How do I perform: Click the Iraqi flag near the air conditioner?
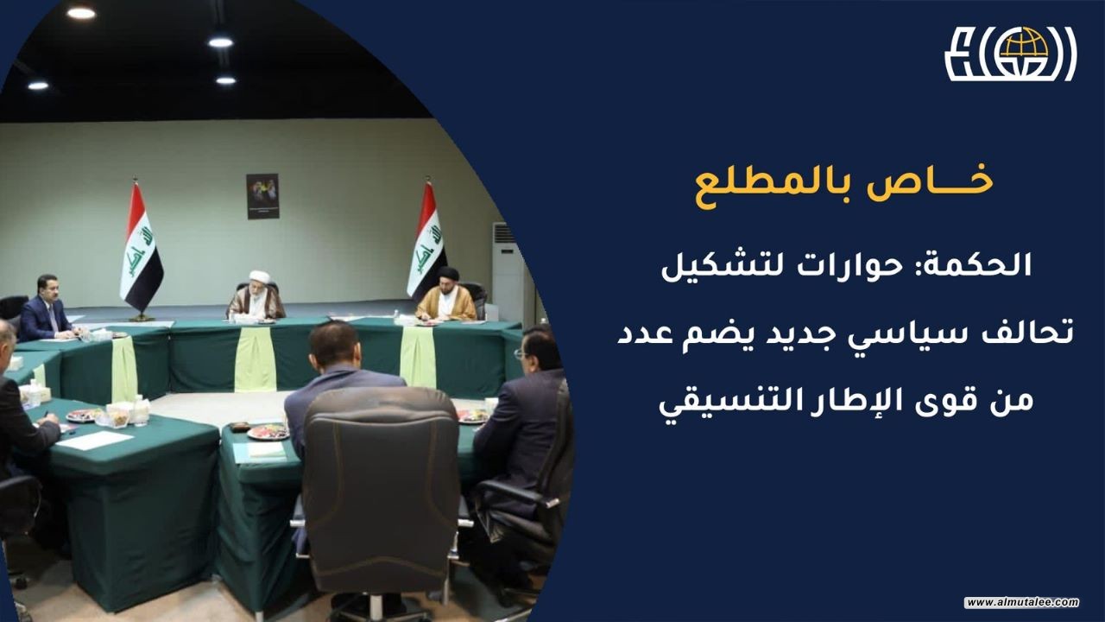point(427,242)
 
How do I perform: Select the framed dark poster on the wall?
point(263,196)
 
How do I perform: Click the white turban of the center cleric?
point(260,276)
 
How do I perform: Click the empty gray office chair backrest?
point(381,484)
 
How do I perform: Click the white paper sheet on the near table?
point(95,440)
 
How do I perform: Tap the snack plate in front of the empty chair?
point(268,432)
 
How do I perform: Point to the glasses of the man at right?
point(520,354)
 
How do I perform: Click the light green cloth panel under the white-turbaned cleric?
point(255,359)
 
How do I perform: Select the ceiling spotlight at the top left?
point(81,13)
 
